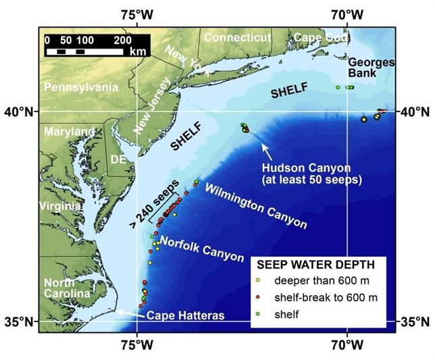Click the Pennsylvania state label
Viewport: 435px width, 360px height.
click(x=80, y=87)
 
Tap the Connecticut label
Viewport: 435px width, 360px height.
click(x=237, y=38)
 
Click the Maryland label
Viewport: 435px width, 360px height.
click(x=70, y=131)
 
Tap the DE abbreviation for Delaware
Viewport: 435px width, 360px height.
click(x=118, y=159)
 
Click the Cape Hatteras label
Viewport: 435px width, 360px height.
click(x=186, y=315)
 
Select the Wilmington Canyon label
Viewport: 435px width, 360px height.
click(x=256, y=206)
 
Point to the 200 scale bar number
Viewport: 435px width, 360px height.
click(x=122, y=40)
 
